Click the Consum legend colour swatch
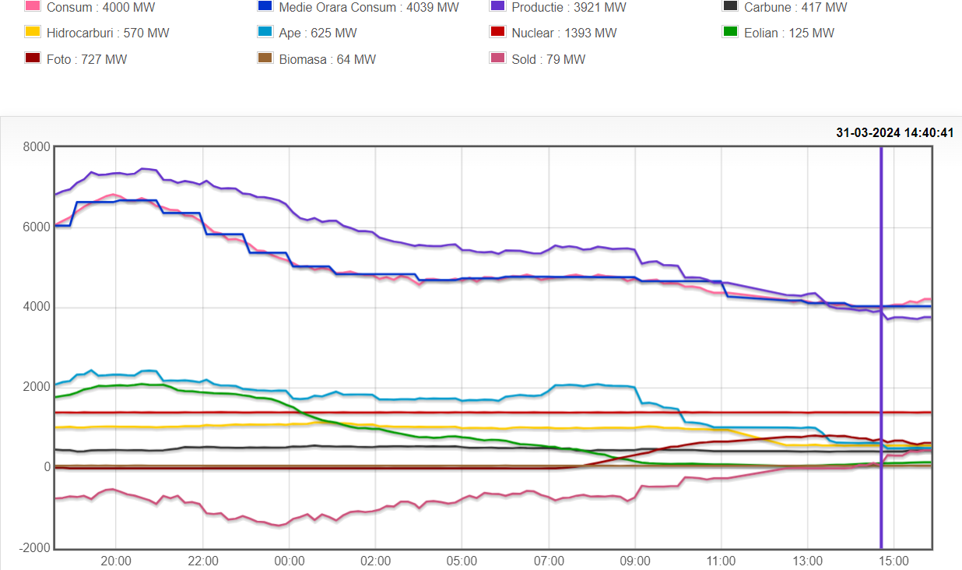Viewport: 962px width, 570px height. click(x=32, y=6)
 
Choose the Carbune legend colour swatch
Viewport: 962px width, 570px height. click(x=730, y=6)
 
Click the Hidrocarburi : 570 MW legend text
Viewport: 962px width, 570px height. click(x=107, y=33)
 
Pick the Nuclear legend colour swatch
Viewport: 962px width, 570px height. click(x=497, y=32)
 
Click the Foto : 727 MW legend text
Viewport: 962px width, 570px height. click(x=86, y=59)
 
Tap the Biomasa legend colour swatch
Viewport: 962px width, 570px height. click(x=265, y=58)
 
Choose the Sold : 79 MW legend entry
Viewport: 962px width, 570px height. click(x=548, y=59)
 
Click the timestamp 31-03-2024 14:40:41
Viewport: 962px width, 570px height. click(x=894, y=132)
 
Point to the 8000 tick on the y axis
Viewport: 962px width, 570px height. click(x=36, y=147)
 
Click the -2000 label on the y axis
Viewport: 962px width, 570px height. click(x=33, y=548)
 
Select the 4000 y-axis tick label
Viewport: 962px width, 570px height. click(x=36, y=307)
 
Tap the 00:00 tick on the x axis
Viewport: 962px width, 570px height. click(x=289, y=561)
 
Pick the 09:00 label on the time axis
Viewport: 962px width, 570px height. click(x=635, y=561)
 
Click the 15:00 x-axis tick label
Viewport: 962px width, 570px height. click(x=894, y=561)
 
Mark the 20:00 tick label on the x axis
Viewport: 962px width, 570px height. click(x=116, y=561)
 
